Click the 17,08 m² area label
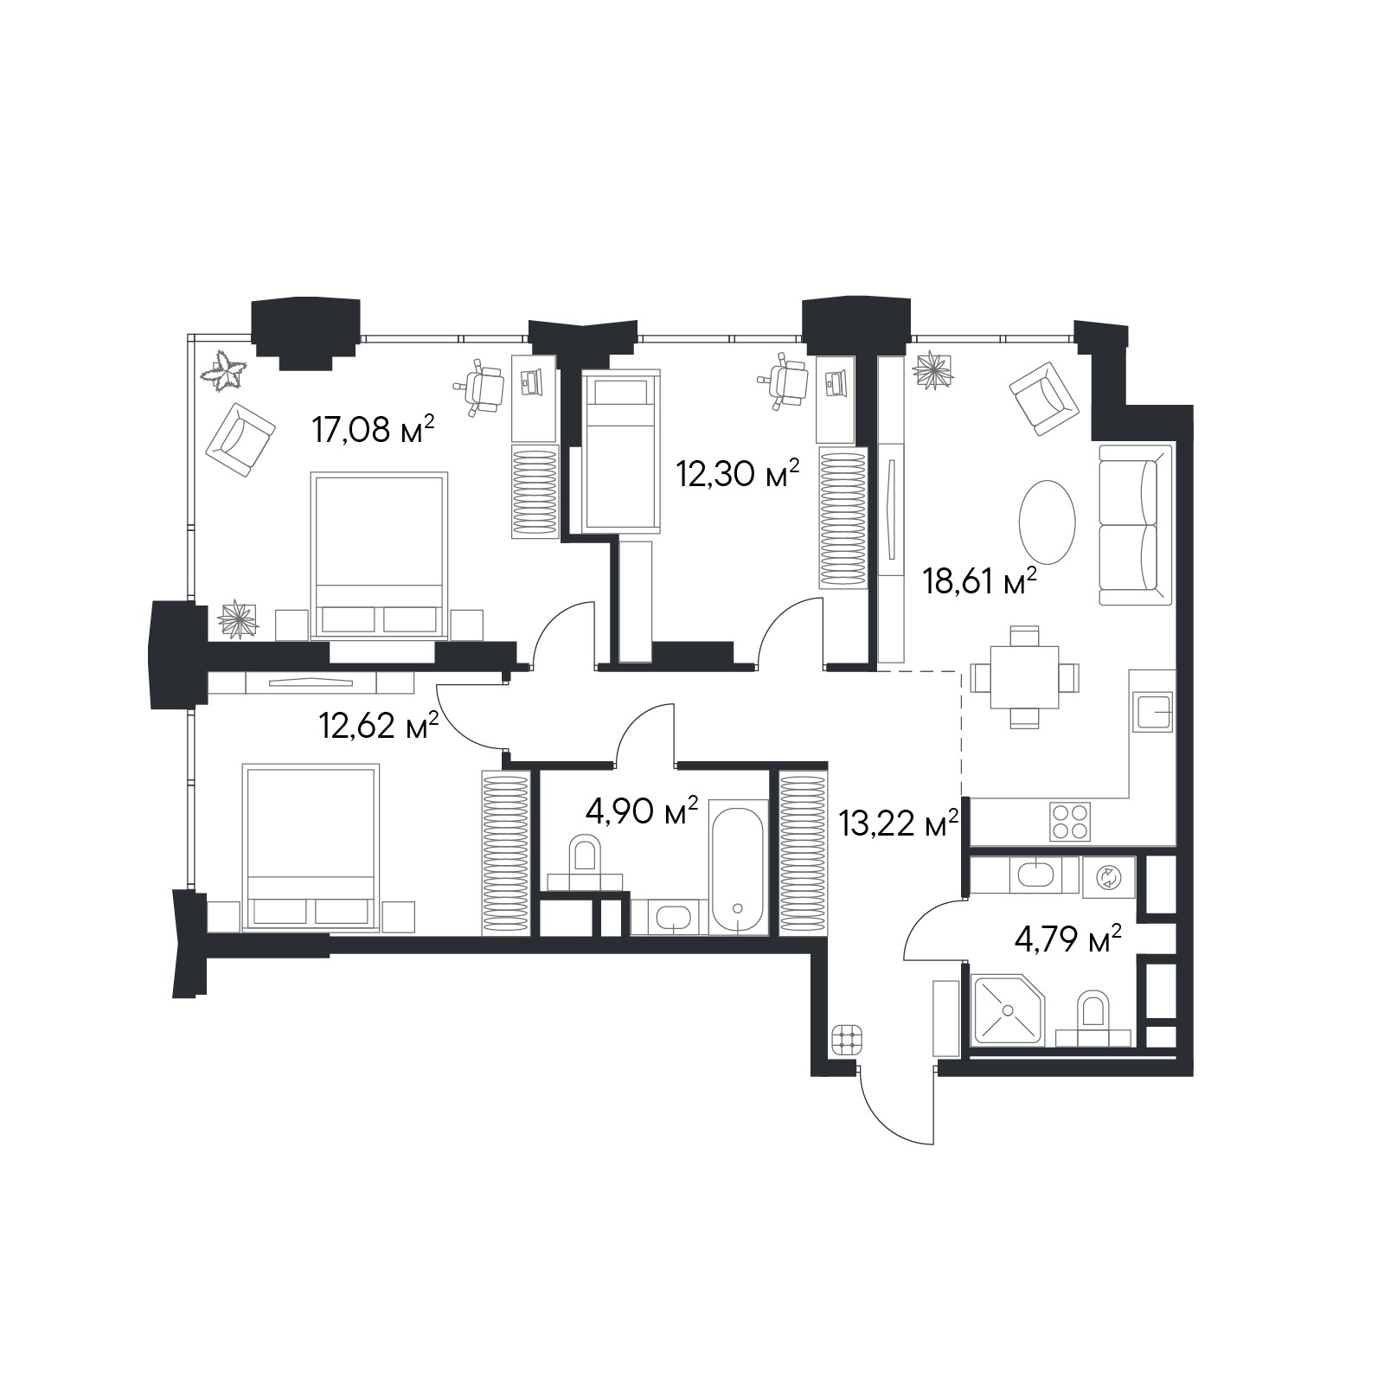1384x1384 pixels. (372, 428)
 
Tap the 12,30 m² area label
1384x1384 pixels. (737, 473)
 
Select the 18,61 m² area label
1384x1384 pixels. (980, 581)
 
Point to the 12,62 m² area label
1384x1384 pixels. (379, 725)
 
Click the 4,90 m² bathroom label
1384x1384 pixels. (642, 811)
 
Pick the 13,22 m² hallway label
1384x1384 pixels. (900, 823)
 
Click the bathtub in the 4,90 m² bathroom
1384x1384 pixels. (738, 866)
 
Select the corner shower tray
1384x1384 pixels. (1009, 1009)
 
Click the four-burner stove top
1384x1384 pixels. (1070, 821)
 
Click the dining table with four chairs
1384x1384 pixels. (1025, 677)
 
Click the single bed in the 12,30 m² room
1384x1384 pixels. (622, 451)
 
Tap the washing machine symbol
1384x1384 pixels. (1107, 878)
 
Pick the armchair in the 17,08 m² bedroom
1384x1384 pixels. (240, 440)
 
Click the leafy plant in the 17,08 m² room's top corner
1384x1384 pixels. (227, 371)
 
